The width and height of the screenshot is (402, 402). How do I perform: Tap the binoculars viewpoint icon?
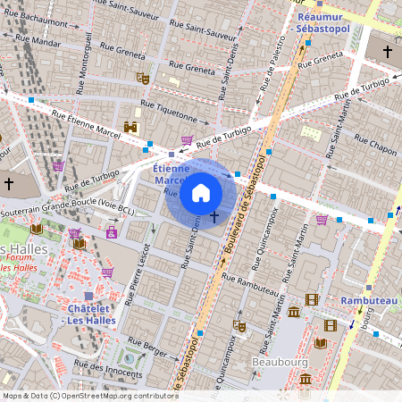click(131, 128)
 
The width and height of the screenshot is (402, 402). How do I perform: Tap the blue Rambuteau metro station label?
click(368, 301)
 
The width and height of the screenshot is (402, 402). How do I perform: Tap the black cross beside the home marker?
click(214, 216)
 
